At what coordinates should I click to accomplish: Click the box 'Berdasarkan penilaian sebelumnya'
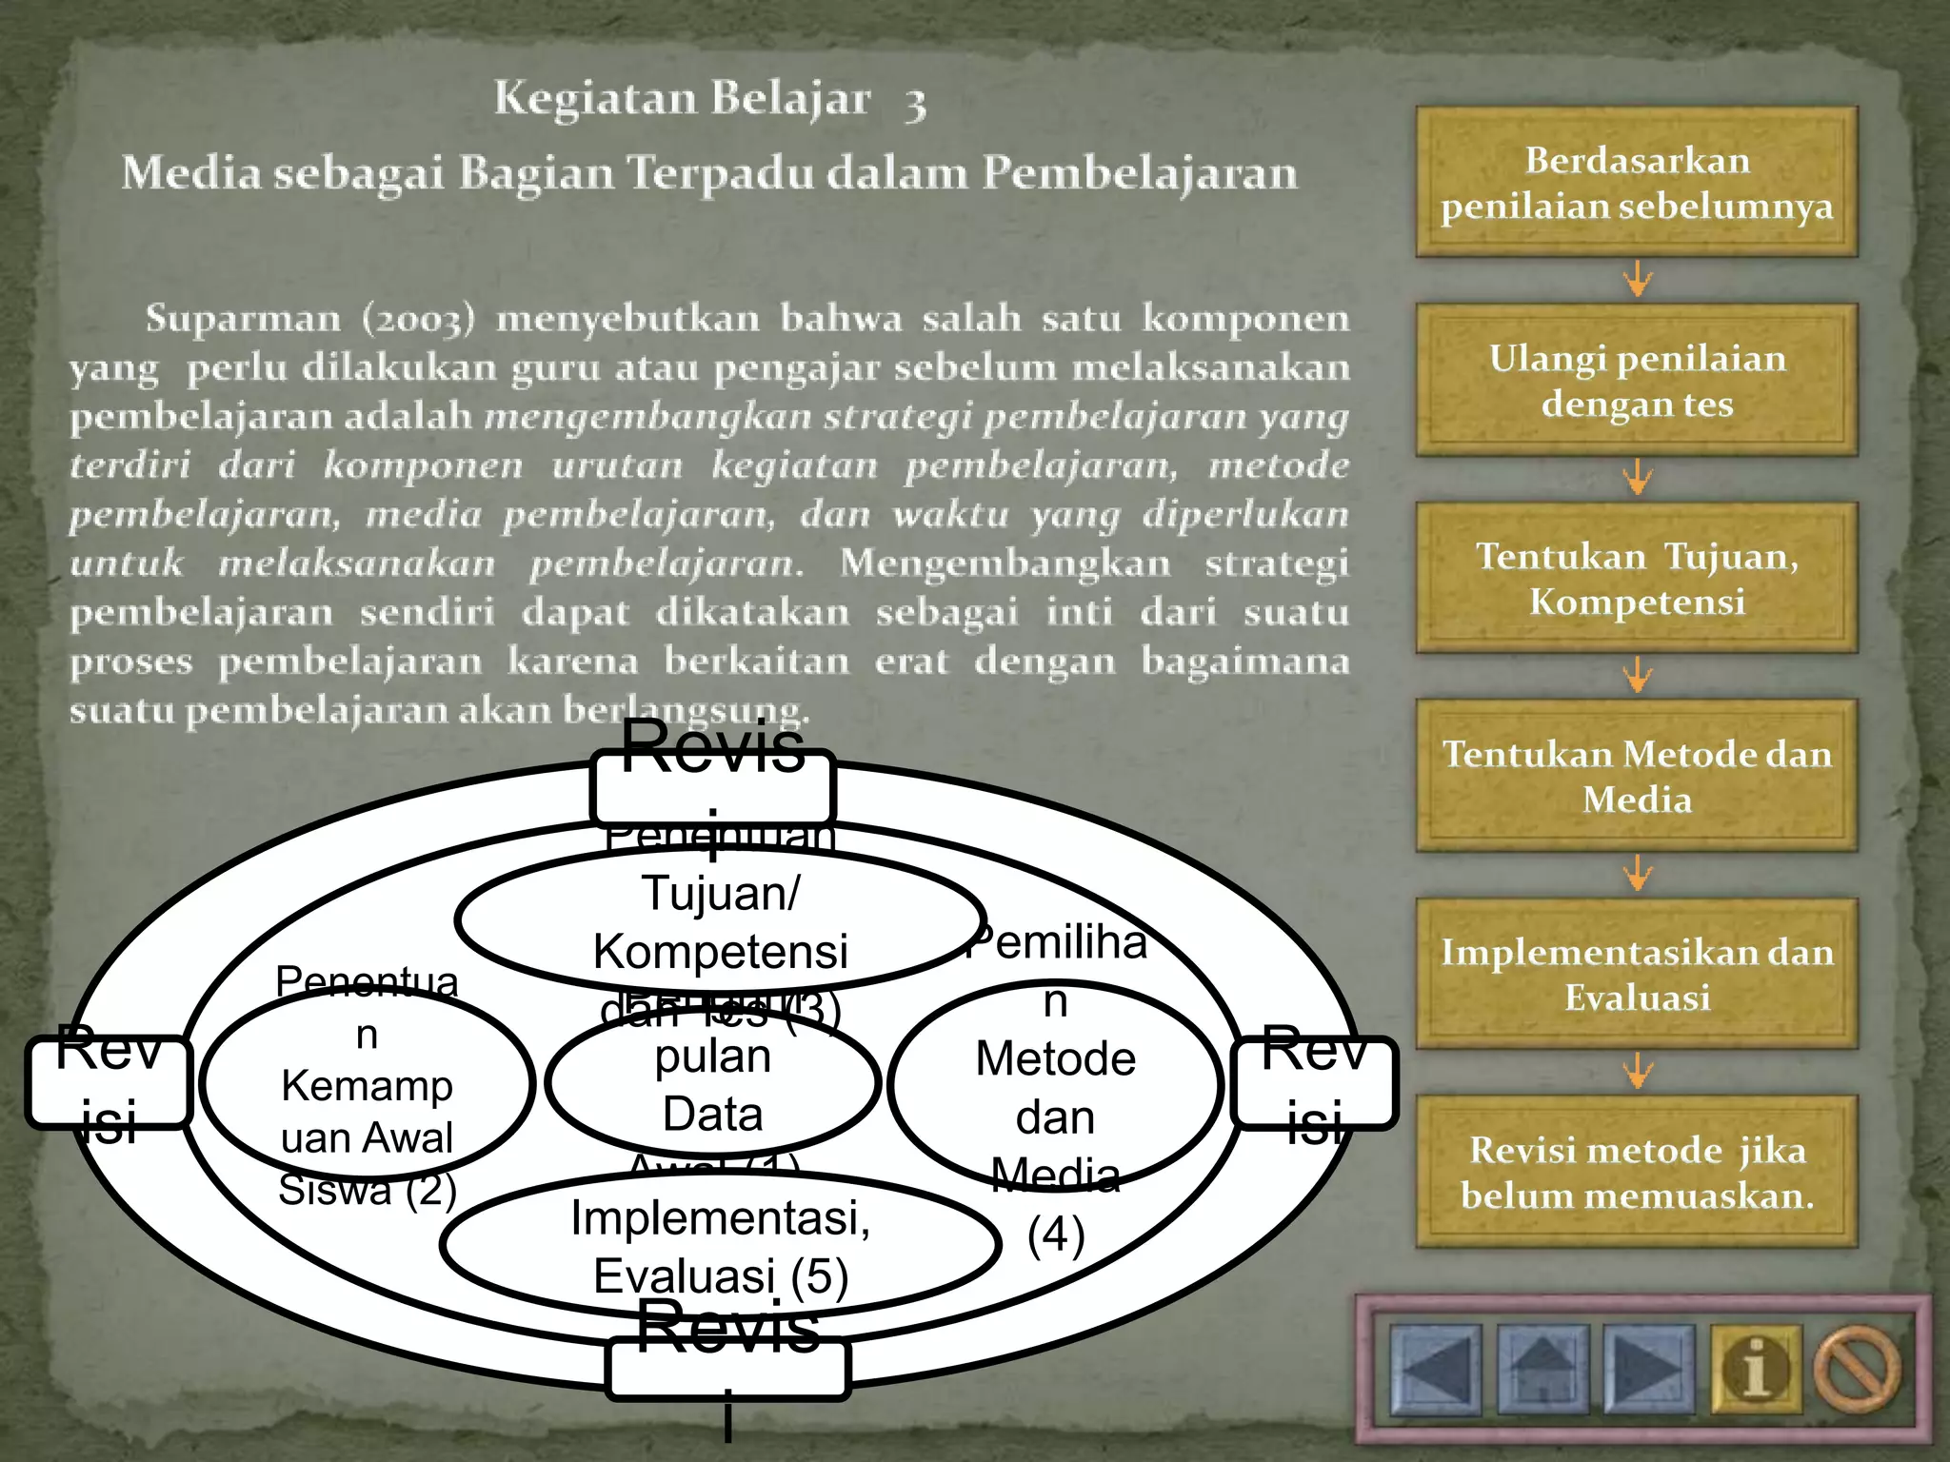1636,183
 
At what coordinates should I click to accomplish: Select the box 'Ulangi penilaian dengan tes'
1636,381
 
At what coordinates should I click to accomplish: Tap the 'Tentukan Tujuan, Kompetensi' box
1636,579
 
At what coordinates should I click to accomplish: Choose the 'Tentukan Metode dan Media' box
1636,777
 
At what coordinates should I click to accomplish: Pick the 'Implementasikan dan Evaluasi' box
1636,975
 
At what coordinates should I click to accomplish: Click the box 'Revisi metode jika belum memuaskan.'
1636,1173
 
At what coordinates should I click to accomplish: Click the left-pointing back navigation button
1435,1368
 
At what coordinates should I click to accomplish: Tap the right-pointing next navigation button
1648,1368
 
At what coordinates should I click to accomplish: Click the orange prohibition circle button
1857,1368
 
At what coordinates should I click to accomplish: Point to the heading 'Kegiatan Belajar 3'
709,100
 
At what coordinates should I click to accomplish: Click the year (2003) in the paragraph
418,319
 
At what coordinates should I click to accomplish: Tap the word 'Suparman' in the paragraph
243,319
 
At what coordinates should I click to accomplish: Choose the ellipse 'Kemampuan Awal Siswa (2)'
368,1085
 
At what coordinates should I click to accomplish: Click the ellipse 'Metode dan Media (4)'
1055,1085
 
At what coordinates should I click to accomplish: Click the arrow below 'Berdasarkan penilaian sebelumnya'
1638,280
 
